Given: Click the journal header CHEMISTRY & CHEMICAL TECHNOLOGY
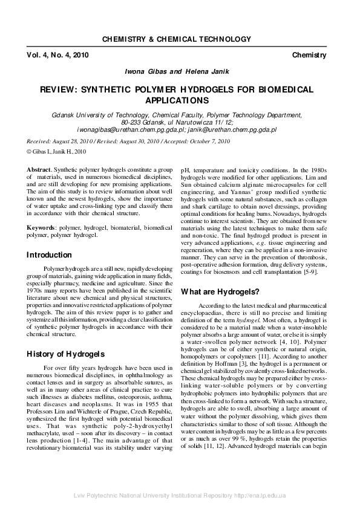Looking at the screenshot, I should coord(180,39).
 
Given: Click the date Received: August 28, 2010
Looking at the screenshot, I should coord(64,141).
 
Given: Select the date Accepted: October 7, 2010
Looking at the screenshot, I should coord(200,141).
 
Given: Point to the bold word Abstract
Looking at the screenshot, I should coord(39,171).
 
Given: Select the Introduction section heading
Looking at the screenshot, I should coord(49,255).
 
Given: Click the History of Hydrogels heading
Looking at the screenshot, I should coord(65,354).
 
